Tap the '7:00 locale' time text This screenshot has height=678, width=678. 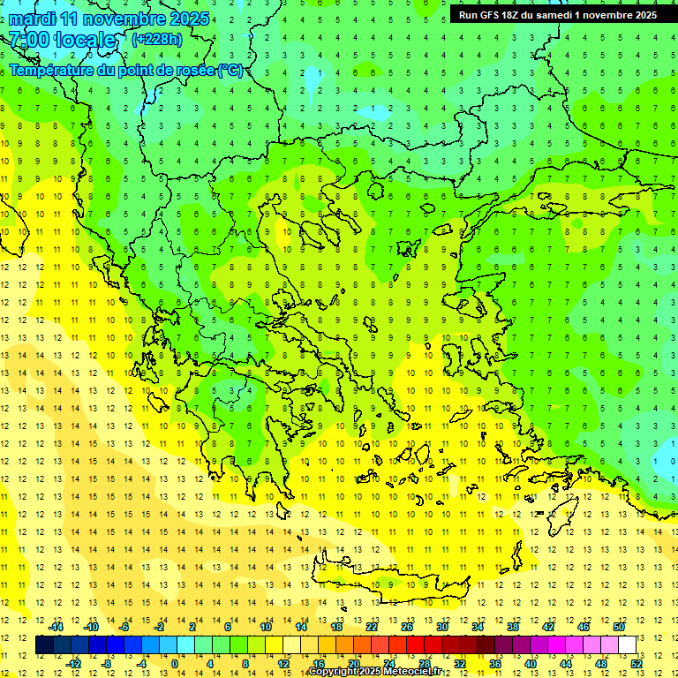[62, 40]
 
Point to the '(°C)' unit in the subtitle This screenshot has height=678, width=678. [230, 70]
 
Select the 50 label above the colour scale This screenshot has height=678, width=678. [619, 626]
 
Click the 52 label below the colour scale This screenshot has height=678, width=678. [637, 663]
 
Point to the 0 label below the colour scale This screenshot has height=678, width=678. [174, 663]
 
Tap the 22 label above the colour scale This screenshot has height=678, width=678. [372, 626]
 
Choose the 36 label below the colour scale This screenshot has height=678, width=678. [495, 663]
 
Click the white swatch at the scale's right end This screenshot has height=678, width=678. [627, 644]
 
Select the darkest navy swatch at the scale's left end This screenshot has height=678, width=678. [44, 644]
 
